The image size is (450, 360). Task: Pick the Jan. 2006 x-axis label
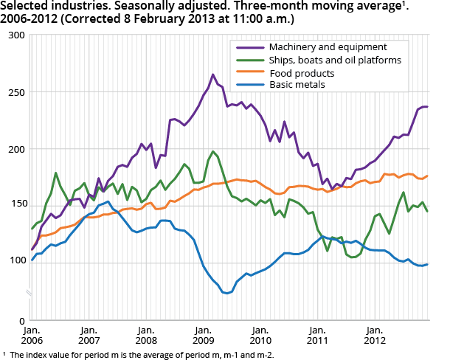[32, 336]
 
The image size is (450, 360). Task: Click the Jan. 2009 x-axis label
[203, 336]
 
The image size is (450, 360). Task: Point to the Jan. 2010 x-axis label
[260, 336]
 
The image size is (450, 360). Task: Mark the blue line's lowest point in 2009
[227, 294]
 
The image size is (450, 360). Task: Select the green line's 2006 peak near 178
[56, 173]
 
